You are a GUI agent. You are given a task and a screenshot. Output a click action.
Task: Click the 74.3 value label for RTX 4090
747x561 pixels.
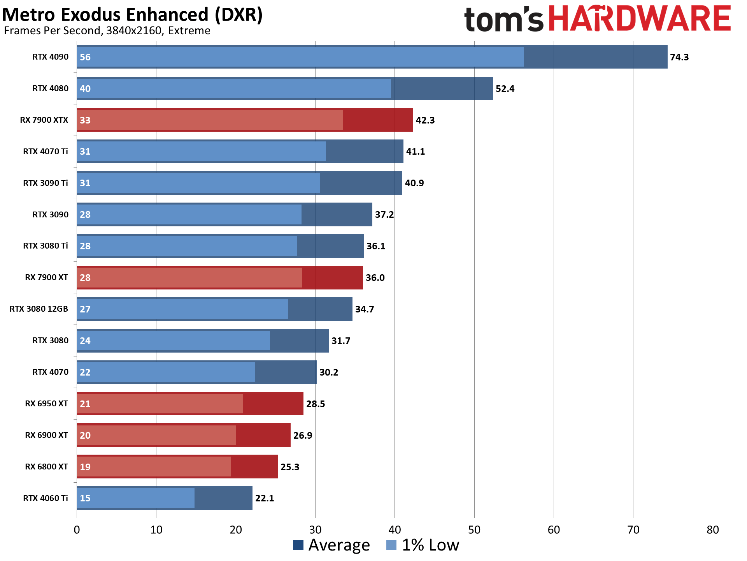click(679, 57)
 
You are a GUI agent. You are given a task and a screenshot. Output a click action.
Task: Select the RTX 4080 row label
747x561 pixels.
click(50, 88)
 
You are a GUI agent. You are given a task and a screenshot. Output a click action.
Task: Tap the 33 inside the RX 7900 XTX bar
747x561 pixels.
click(85, 120)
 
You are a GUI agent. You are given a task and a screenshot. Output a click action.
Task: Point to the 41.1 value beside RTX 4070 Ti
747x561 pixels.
click(415, 152)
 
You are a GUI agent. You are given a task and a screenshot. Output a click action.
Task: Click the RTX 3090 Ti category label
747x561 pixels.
click(45, 183)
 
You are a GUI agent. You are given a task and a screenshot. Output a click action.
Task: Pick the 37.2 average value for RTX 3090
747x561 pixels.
click(384, 215)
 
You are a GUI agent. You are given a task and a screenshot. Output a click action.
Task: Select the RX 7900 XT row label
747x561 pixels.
click(46, 277)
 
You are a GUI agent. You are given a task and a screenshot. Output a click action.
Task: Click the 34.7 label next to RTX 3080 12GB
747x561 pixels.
click(364, 309)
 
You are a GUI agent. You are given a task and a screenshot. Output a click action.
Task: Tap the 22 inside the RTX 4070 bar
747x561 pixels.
click(85, 372)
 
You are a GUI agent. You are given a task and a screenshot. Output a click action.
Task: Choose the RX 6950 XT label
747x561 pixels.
click(46, 404)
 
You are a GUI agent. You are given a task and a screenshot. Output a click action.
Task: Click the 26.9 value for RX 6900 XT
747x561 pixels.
click(302, 435)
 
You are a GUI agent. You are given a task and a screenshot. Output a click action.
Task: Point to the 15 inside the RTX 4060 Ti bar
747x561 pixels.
click(85, 498)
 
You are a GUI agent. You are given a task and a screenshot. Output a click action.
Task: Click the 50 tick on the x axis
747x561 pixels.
click(474, 530)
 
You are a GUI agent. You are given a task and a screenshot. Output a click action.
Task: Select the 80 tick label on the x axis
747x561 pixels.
click(712, 530)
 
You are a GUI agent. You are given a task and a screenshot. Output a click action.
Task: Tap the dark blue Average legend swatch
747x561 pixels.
click(298, 545)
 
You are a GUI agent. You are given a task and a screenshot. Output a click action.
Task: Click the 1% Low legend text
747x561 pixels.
click(430, 545)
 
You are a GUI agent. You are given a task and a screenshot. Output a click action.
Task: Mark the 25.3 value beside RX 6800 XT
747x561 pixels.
click(289, 467)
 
